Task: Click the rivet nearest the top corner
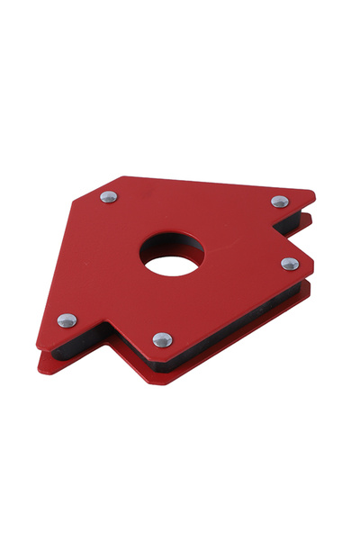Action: click(x=108, y=196)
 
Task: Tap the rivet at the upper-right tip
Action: click(x=280, y=202)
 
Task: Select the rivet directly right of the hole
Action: click(x=289, y=264)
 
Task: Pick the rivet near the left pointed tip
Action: click(x=67, y=319)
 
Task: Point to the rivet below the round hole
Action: click(x=162, y=339)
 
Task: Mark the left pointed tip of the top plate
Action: click(x=37, y=347)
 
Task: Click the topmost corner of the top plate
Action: click(x=123, y=176)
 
